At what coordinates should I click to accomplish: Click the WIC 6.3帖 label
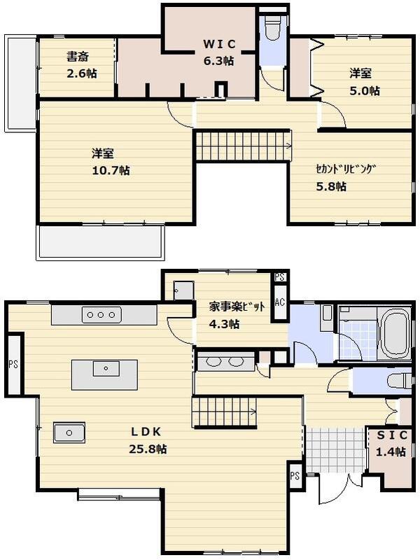click(x=218, y=52)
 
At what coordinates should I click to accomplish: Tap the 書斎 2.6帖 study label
click(x=81, y=64)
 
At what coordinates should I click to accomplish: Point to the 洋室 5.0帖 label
click(x=365, y=81)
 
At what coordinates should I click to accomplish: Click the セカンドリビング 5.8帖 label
click(x=345, y=177)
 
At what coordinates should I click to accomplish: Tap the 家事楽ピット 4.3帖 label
click(x=235, y=315)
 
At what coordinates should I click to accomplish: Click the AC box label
click(x=280, y=302)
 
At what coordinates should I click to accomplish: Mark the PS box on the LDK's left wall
click(x=13, y=364)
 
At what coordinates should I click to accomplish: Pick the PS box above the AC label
click(x=280, y=277)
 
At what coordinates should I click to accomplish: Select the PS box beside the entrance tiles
click(x=295, y=475)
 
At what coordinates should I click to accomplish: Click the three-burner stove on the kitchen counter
click(x=101, y=315)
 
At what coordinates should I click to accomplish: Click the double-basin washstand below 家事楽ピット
click(x=225, y=362)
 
